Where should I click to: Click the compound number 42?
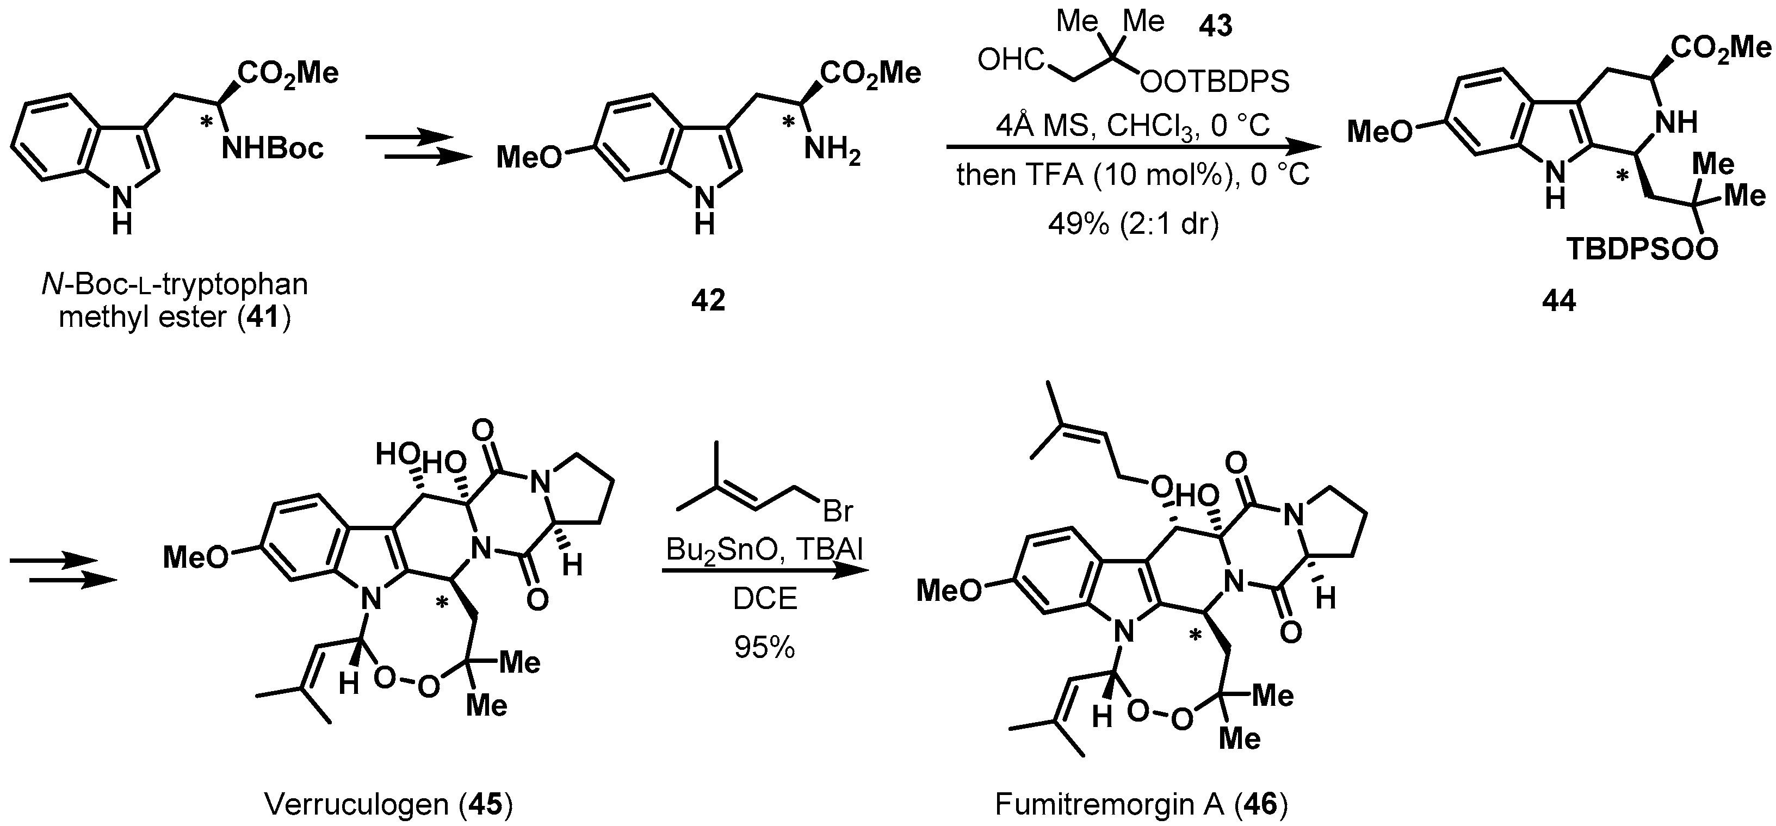coord(709,301)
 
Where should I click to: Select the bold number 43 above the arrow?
coord(1216,26)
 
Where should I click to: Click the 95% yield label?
coord(765,648)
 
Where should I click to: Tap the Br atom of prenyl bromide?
coord(838,511)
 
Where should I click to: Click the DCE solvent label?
coord(765,599)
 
